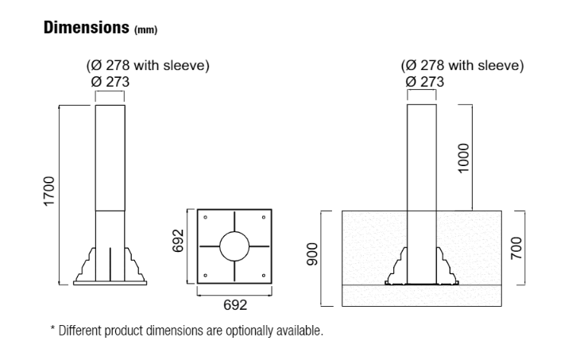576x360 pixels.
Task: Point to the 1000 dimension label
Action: pyautogui.click(x=464, y=157)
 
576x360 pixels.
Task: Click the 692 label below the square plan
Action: pyautogui.click(x=235, y=305)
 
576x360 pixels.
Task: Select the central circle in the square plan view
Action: pyautogui.click(x=235, y=246)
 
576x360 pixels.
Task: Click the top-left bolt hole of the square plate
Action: pyautogui.click(x=205, y=217)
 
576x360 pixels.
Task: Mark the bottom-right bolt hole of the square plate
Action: pyautogui.click(x=265, y=277)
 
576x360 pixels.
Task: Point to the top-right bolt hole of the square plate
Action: pyautogui.click(x=265, y=217)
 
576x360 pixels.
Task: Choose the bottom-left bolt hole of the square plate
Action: pyautogui.click(x=205, y=277)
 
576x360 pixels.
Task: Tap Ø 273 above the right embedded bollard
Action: pyautogui.click(x=425, y=81)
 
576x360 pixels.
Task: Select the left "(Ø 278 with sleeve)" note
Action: pyautogui.click(x=147, y=66)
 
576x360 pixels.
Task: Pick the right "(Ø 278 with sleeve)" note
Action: pyautogui.click(x=462, y=66)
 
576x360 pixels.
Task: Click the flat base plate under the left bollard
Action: pyautogui.click(x=110, y=281)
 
